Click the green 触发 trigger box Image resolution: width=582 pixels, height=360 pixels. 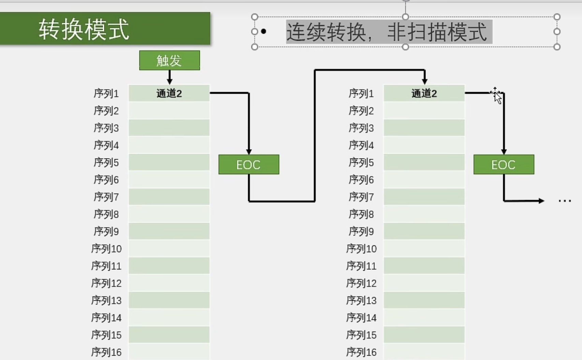click(169, 60)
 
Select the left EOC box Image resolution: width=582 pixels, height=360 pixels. click(249, 165)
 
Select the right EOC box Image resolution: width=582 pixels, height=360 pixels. click(504, 165)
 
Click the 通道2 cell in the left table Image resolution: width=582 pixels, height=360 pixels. click(169, 93)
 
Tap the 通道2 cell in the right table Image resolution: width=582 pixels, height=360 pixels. click(424, 93)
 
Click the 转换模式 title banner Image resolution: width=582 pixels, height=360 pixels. click(105, 29)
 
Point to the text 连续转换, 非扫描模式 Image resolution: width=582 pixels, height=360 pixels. click(389, 32)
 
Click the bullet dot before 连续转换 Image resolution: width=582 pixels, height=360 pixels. click(264, 31)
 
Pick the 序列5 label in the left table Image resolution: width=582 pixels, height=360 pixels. click(106, 163)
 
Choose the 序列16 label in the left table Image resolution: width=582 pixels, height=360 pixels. click(106, 352)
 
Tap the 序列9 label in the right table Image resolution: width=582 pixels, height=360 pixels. click(361, 231)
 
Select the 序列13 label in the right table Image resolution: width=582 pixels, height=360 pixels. click(361, 300)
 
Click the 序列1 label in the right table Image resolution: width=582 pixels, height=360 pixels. click(361, 93)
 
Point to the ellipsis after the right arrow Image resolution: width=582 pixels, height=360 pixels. click(565, 201)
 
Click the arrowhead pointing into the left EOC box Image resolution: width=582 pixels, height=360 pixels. click(249, 152)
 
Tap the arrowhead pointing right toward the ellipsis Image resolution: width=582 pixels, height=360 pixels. click(541, 201)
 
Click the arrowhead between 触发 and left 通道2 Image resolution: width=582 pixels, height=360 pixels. click(169, 81)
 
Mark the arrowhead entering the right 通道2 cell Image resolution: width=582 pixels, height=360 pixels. click(424, 81)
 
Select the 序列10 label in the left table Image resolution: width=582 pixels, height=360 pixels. click(106, 249)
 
